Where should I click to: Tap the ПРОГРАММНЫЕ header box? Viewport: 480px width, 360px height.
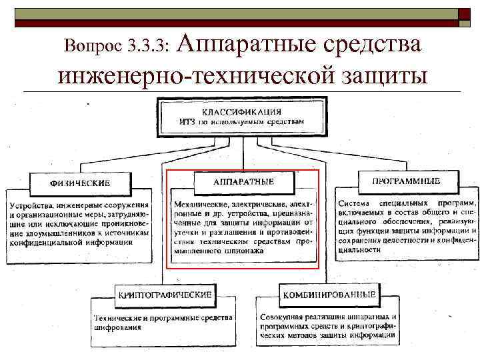[x=408, y=180]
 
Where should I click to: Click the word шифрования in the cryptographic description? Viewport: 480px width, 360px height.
[x=117, y=327]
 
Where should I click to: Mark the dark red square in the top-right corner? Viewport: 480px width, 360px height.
[x=465, y=14]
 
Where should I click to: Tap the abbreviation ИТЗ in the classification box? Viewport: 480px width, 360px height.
[x=187, y=121]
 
